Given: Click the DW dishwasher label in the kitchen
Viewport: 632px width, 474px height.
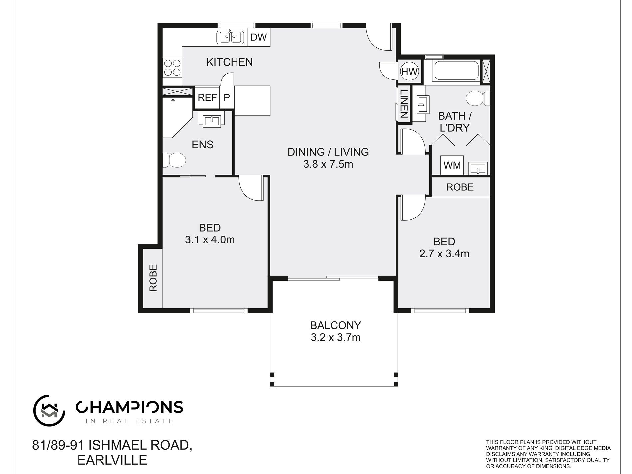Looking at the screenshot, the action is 259,37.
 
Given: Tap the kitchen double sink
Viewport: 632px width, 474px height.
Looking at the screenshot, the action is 230,37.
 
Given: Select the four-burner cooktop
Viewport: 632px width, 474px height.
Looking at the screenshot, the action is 172,68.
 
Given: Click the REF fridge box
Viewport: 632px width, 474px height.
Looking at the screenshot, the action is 207,97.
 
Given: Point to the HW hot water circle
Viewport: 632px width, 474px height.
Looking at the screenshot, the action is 409,71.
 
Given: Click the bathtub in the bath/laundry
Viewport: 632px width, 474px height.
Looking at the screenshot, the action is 457,71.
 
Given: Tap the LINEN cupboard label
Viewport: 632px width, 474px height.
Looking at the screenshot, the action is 404,104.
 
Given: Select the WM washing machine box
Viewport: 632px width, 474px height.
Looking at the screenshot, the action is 452,165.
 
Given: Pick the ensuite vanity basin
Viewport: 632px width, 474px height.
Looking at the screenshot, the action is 211,120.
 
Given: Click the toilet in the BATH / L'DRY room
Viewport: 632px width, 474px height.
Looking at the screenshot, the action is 478,98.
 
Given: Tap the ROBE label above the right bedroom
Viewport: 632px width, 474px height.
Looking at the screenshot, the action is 460,187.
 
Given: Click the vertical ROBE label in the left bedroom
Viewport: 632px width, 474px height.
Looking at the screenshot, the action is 153,278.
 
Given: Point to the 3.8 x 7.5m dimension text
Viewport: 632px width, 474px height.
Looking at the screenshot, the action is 328,164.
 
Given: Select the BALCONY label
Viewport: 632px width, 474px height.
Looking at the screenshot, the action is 335,325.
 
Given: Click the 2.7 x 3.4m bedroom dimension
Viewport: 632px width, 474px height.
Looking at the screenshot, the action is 444,254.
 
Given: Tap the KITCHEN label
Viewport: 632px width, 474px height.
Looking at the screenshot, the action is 230,62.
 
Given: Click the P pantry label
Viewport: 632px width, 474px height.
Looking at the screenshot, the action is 227,97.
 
